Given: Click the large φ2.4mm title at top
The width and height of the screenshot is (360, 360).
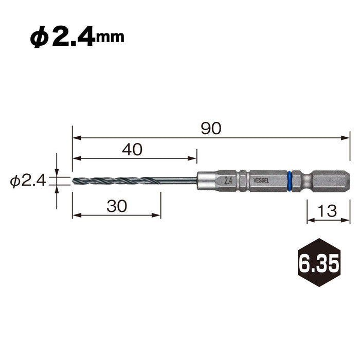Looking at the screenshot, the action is [x=77, y=37].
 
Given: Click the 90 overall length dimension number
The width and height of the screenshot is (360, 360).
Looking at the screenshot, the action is [x=211, y=129].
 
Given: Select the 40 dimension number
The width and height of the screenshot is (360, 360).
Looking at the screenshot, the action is [x=132, y=149].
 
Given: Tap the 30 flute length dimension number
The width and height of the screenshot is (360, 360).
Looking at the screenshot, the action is [x=117, y=206].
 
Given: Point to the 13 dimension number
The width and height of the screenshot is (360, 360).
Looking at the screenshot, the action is [x=328, y=211].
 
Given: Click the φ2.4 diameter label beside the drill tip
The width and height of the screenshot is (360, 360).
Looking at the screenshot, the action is [x=28, y=181].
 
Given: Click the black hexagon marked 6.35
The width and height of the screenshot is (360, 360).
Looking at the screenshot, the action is [x=319, y=262].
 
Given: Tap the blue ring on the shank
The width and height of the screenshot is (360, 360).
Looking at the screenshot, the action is [x=289, y=181].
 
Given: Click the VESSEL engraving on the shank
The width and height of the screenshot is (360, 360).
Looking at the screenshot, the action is [x=261, y=181].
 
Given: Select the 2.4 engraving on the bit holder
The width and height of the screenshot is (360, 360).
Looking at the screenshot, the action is [x=228, y=181].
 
